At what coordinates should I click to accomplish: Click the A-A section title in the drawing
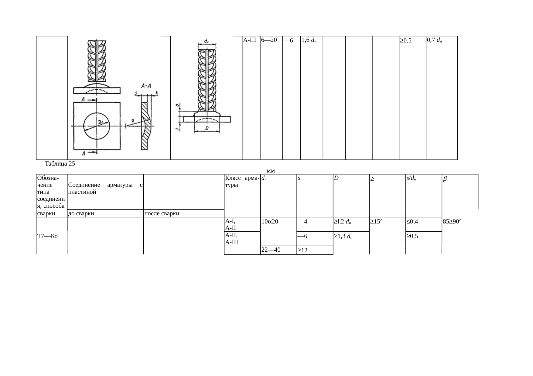tap(147, 86)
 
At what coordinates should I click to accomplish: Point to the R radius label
tap(133, 121)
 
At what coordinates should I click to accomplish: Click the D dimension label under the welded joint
tap(207, 129)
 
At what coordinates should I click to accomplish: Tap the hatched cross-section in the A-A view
tap(145, 126)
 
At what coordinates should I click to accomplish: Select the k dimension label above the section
tap(157, 92)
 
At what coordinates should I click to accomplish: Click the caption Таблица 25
tap(60, 164)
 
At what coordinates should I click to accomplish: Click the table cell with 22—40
tap(271, 250)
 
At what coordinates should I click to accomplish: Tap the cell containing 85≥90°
tap(453, 222)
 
